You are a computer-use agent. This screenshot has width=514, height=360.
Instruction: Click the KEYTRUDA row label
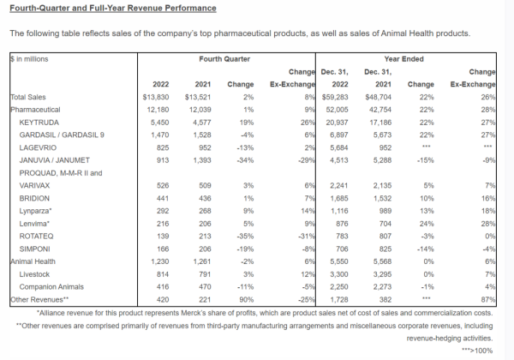39,123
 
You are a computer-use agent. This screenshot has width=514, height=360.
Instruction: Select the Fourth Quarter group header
224,59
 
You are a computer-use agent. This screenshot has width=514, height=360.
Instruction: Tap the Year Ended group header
403,59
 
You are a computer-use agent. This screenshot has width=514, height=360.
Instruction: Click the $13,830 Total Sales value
156,97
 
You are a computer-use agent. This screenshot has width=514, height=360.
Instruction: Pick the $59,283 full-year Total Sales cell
335,97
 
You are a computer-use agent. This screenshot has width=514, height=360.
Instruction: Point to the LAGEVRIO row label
38,148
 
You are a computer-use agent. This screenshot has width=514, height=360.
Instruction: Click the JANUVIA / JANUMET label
55,160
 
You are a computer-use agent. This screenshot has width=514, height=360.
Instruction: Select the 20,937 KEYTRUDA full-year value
337,123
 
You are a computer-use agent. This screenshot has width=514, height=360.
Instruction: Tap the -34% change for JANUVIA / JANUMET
245,160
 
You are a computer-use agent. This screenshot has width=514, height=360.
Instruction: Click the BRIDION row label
34,199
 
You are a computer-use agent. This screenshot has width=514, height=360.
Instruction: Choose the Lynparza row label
35,211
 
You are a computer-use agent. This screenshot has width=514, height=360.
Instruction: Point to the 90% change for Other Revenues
246,300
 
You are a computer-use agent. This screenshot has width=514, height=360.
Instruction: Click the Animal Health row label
33,261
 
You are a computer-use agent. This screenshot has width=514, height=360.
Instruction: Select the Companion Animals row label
51,287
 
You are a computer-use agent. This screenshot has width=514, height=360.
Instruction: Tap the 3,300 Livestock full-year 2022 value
339,274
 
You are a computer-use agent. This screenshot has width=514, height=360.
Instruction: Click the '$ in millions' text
29,59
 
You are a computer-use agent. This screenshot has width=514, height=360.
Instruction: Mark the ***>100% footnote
477,351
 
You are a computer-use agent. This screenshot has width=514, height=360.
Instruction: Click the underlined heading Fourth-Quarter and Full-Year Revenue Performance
113,9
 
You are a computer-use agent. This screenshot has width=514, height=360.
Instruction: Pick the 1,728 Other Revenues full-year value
339,300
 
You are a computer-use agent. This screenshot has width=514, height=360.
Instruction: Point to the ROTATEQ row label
36,237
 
